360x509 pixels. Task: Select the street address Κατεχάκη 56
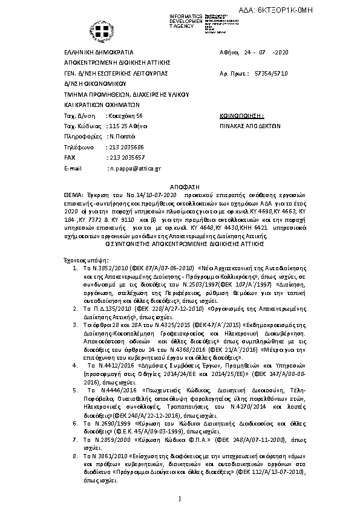coord(125,114)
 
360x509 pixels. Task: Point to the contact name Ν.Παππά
coord(122,136)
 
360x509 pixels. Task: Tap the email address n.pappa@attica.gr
coord(134,168)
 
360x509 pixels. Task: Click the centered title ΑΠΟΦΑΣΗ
coord(180,188)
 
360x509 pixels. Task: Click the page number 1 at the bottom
coord(180,498)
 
